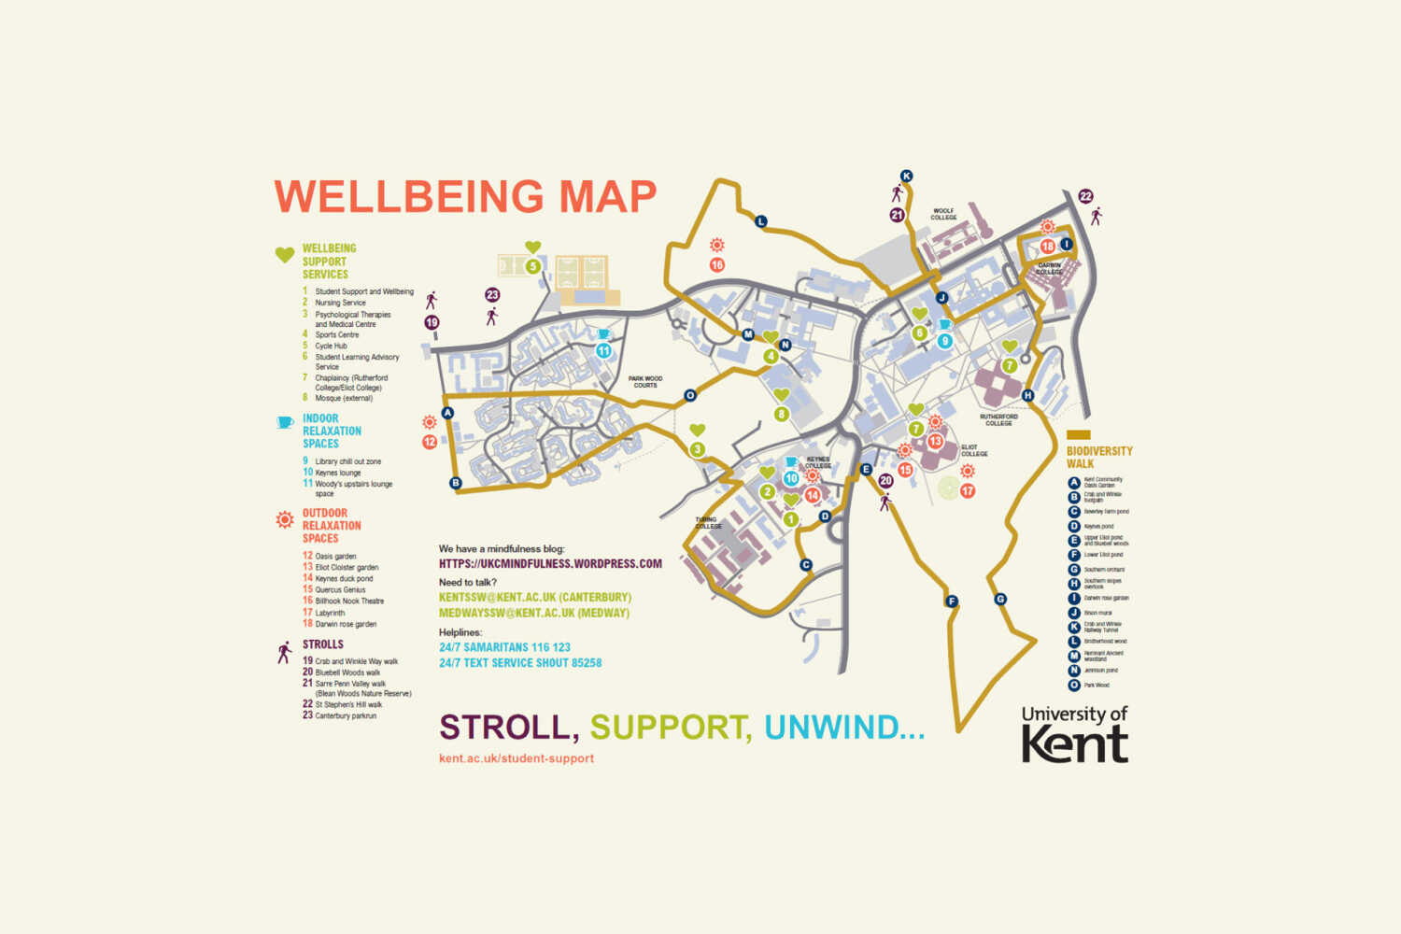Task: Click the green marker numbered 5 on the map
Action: (x=532, y=266)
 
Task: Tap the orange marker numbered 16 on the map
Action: (x=716, y=264)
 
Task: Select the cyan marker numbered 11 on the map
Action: (x=603, y=351)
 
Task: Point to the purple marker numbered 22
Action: (x=1085, y=196)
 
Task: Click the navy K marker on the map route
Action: (x=906, y=176)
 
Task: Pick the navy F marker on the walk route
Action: (x=952, y=601)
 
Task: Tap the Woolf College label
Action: (x=943, y=214)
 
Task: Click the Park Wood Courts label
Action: (x=645, y=382)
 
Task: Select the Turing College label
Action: (x=708, y=523)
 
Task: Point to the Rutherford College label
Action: (x=998, y=419)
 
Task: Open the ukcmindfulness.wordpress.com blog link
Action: (x=550, y=564)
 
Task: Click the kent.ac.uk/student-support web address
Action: (x=517, y=758)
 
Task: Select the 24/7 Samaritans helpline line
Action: (x=504, y=647)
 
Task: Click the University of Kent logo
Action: (x=1074, y=734)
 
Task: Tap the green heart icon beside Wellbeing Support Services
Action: (x=285, y=254)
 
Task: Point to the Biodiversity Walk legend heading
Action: (x=1098, y=457)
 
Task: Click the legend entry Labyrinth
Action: (x=330, y=613)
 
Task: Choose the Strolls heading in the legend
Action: (x=322, y=644)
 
